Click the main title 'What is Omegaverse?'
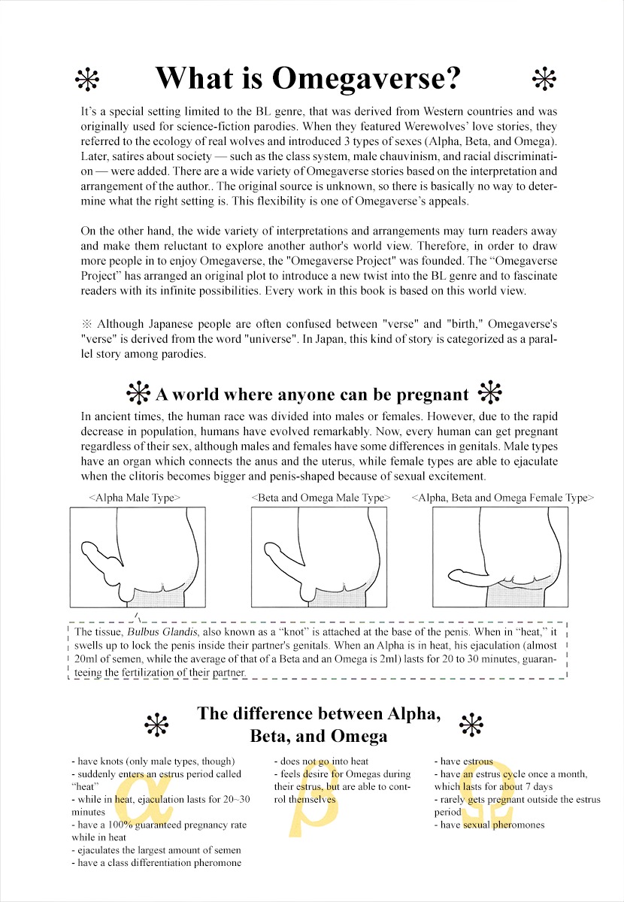pos(307,78)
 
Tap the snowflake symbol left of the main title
pos(89,78)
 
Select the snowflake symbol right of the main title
pos(542,78)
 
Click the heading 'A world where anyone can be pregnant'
pos(311,394)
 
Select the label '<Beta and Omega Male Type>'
pos(321,498)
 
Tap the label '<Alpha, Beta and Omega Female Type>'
pos(503,498)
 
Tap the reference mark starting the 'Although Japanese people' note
pos(86,324)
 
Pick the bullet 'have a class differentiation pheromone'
pos(157,863)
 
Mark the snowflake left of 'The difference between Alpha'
pos(156,725)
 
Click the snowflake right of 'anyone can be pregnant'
pos(490,393)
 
